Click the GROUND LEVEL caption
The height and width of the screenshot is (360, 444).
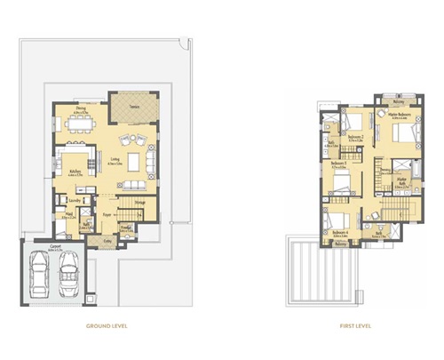tap(107, 326)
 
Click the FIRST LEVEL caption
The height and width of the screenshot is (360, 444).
tap(354, 326)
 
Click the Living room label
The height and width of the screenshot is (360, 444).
tap(115, 163)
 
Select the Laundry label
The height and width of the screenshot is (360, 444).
tap(75, 201)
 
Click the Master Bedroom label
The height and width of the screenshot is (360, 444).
tap(403, 116)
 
